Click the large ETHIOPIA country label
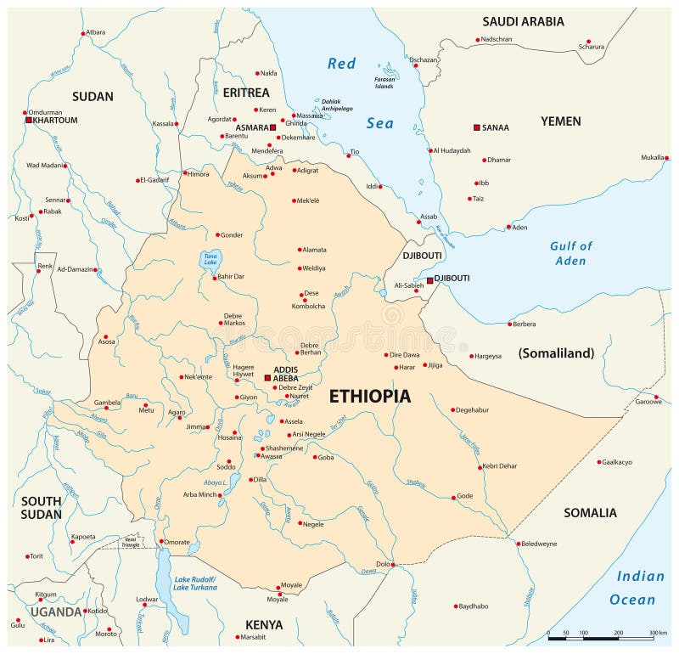tap(369, 396)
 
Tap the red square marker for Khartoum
tap(28, 121)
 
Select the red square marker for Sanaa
tap(477, 127)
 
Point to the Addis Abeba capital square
tap(267, 378)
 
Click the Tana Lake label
tap(209, 259)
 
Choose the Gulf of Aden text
tap(570, 253)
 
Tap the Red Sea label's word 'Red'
tap(342, 63)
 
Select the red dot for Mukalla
tap(667, 158)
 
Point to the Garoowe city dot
tap(656, 396)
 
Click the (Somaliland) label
tap(556, 353)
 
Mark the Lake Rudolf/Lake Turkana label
tap(194, 583)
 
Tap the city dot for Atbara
tap(83, 33)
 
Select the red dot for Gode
tap(453, 496)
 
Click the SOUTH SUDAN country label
tap(42, 507)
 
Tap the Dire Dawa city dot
tap(386, 355)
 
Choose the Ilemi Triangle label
tap(130, 541)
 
